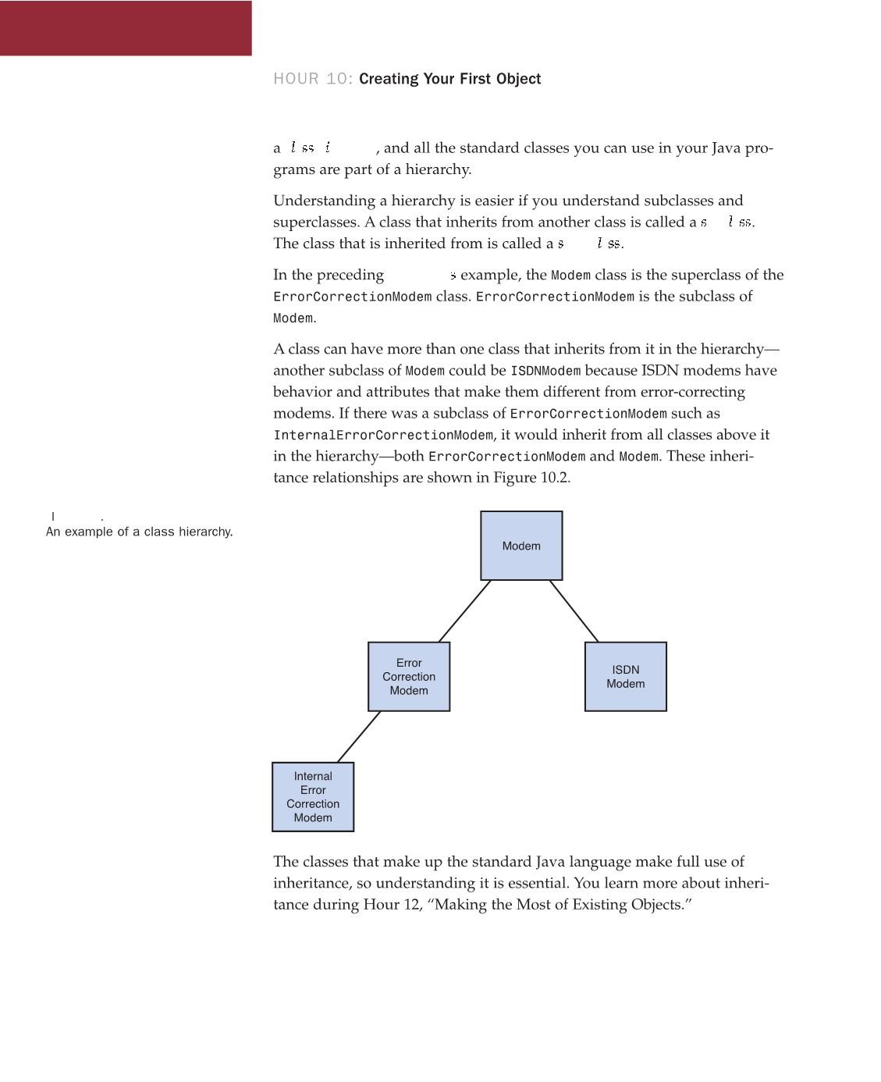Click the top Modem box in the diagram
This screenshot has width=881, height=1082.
[521, 546]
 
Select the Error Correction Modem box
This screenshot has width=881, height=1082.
[409, 676]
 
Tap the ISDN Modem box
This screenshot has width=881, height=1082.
[626, 676]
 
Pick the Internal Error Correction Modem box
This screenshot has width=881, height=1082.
[313, 796]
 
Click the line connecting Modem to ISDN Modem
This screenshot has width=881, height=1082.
[574, 611]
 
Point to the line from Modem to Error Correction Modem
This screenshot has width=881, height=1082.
[465, 611]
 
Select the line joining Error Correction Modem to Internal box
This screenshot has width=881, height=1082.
[359, 736]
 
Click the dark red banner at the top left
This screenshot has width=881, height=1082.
[126, 27]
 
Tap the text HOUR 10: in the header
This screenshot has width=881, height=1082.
[313, 79]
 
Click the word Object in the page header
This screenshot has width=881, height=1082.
[518, 79]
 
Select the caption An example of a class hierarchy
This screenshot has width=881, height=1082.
[140, 532]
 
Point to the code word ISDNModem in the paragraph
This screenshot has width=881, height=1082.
[545, 371]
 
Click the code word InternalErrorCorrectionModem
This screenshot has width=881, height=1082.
[383, 435]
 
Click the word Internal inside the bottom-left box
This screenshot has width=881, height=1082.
[313, 776]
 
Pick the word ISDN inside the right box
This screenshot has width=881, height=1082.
[626, 670]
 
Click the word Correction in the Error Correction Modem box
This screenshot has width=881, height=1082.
[409, 677]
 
